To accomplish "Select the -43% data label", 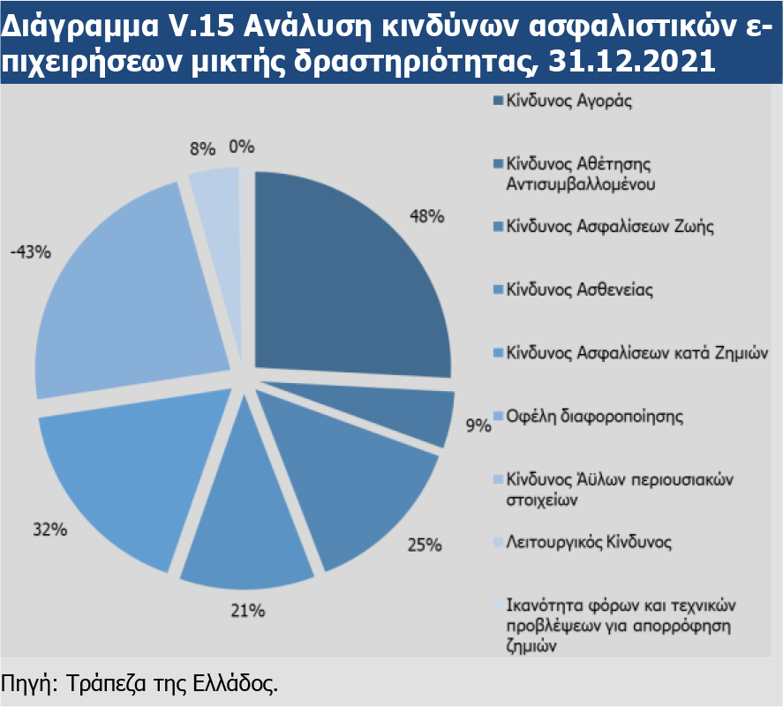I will (x=31, y=252).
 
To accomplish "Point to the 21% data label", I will (x=249, y=610).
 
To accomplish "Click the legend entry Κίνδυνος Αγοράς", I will (x=569, y=101).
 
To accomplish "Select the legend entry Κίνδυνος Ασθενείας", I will (x=579, y=290).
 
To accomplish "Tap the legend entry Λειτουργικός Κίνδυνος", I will (x=589, y=541).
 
